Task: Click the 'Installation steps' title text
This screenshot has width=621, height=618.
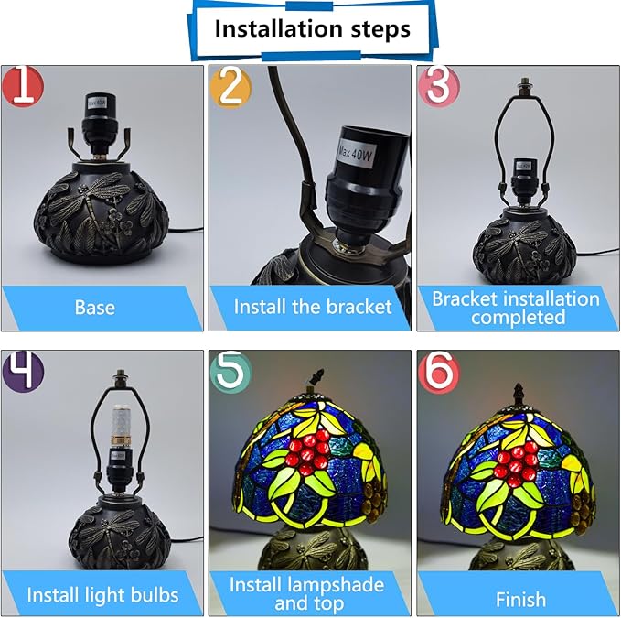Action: pos(313,28)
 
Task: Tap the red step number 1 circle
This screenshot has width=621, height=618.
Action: pos(22,86)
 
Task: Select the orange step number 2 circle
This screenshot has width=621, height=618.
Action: pos(230,87)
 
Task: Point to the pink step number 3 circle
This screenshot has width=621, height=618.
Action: pos(439,86)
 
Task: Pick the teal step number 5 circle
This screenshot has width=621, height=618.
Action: pos(230,372)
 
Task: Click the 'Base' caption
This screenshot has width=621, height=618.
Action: pos(95,308)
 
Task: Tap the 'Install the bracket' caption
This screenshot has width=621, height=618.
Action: pos(313,307)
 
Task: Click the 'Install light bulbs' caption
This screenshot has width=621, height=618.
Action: pos(102,595)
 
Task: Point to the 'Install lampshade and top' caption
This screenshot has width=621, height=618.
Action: pos(307,594)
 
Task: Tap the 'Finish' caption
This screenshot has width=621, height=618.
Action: pos(520,599)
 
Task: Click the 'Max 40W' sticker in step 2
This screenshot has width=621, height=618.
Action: pos(355,152)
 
